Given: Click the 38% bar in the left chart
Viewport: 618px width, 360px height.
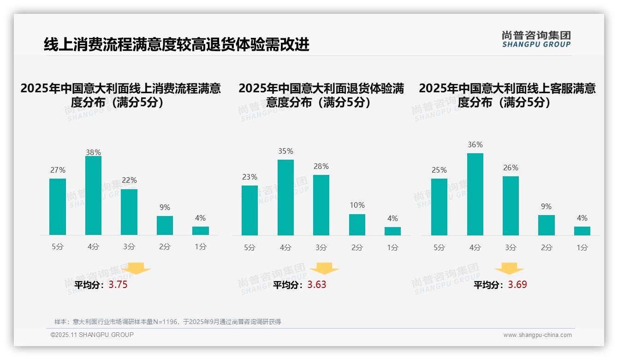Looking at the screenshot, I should pyautogui.click(x=93, y=196).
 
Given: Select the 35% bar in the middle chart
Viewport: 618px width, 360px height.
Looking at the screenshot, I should pyautogui.click(x=285, y=198).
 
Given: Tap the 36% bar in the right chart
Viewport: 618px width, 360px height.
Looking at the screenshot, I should pyautogui.click(x=475, y=194).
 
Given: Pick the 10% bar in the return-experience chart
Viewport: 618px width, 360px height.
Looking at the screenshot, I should pyautogui.click(x=357, y=225).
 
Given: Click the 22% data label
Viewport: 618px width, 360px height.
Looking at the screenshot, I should pyautogui.click(x=129, y=180).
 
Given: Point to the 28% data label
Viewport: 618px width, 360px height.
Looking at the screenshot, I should pyautogui.click(x=321, y=166).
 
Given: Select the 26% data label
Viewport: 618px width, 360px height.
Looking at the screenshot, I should pyautogui.click(x=511, y=168).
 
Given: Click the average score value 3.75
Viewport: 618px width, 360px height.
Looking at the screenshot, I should pyautogui.click(x=118, y=285).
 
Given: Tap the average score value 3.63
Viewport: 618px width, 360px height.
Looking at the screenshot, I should pyautogui.click(x=317, y=285).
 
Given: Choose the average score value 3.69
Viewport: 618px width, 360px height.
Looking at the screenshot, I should pyautogui.click(x=517, y=285).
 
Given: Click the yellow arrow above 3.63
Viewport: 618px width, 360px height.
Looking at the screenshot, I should pyautogui.click(x=324, y=269).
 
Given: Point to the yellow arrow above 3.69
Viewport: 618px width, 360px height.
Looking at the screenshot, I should pyautogui.click(x=509, y=269).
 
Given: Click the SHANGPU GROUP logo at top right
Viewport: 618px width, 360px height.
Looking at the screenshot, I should pyautogui.click(x=536, y=39).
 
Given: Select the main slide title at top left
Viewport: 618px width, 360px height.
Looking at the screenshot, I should pyautogui.click(x=176, y=44).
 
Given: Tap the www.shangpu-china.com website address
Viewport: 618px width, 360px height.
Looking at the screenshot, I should pyautogui.click(x=537, y=335).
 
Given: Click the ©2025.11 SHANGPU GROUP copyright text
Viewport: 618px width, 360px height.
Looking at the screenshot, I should pyautogui.click(x=92, y=335).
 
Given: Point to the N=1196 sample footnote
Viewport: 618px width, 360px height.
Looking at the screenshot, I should pyautogui.click(x=167, y=322).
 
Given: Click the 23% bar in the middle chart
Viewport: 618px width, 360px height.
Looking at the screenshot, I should pyautogui.click(x=250, y=210).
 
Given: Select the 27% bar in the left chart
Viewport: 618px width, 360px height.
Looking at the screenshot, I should pyautogui.click(x=58, y=207).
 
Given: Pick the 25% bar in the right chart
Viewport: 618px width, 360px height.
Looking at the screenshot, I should pyautogui.click(x=439, y=207).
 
